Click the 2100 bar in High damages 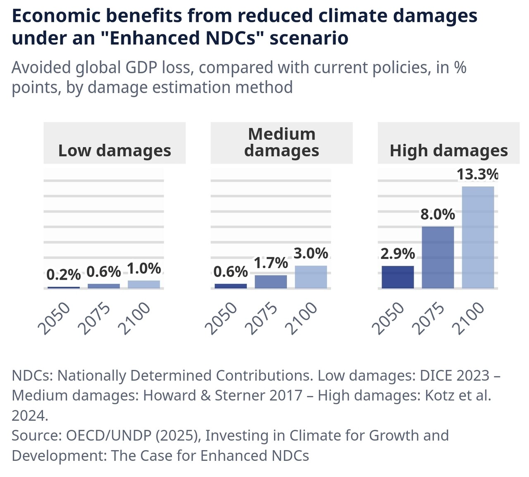coord(478,237)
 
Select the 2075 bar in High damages coord(438,257)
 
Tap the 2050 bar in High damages coord(398,277)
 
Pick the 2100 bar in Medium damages coord(311,277)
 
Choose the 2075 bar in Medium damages coord(271,282)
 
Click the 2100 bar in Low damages coord(144,284)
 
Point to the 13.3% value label coord(478,175)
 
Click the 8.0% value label coord(438,214)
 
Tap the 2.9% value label coord(398,254)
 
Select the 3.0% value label coord(311,253)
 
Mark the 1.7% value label coord(271,263)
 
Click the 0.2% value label coord(64,274)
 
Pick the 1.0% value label coord(144,268)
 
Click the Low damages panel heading coord(114,151)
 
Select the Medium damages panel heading coord(281,142)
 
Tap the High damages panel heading coord(448,151)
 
